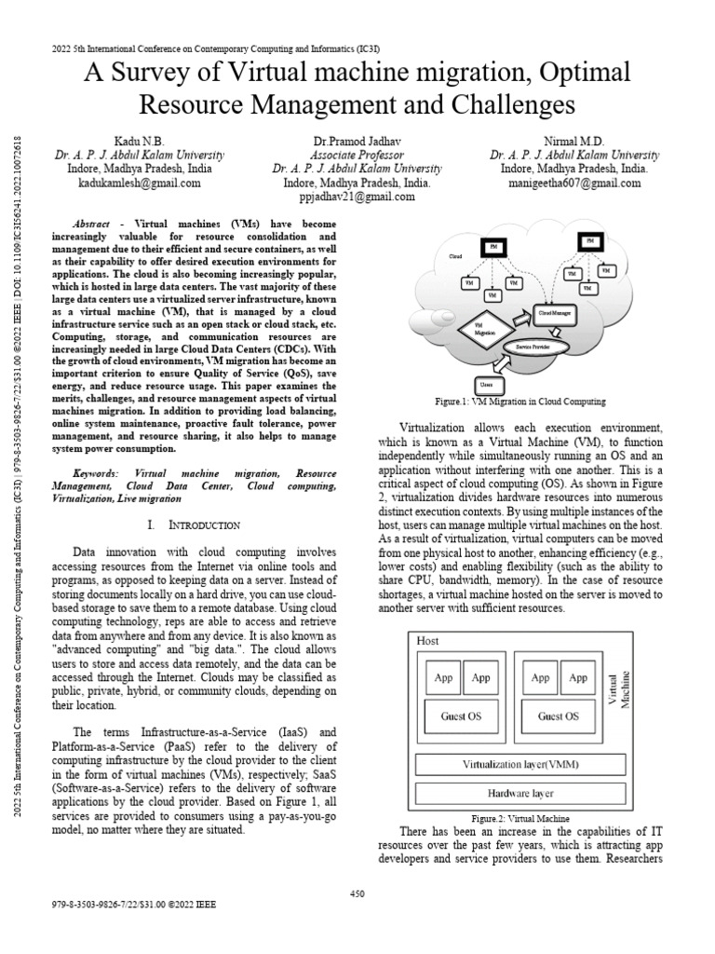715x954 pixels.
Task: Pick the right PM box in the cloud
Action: [589, 242]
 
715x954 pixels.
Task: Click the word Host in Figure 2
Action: [428, 641]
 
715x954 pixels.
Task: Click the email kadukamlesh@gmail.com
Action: [139, 184]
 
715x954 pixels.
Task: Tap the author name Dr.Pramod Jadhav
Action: [357, 139]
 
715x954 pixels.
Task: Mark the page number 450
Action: [357, 893]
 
